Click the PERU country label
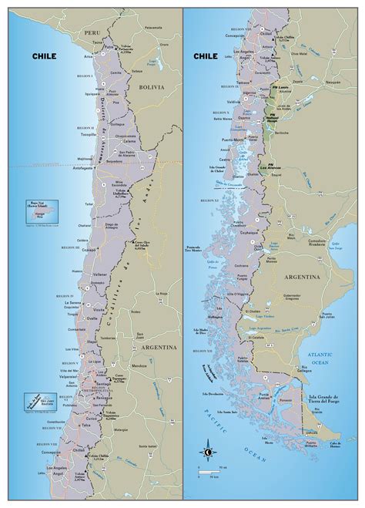coord(92,35)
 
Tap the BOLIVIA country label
coord(151,88)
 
